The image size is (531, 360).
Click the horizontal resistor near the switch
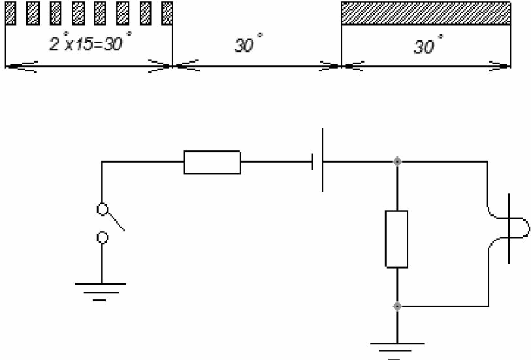(x=212, y=162)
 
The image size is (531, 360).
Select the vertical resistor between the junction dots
(x=396, y=238)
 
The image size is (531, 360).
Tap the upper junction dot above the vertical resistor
(x=396, y=161)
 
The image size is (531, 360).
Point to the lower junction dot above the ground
(x=396, y=306)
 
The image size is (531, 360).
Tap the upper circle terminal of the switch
(x=103, y=210)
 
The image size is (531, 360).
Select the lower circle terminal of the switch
(x=103, y=237)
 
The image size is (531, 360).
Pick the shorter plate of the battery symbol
(x=314, y=161)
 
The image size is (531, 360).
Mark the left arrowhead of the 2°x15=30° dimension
(x=16, y=66)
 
